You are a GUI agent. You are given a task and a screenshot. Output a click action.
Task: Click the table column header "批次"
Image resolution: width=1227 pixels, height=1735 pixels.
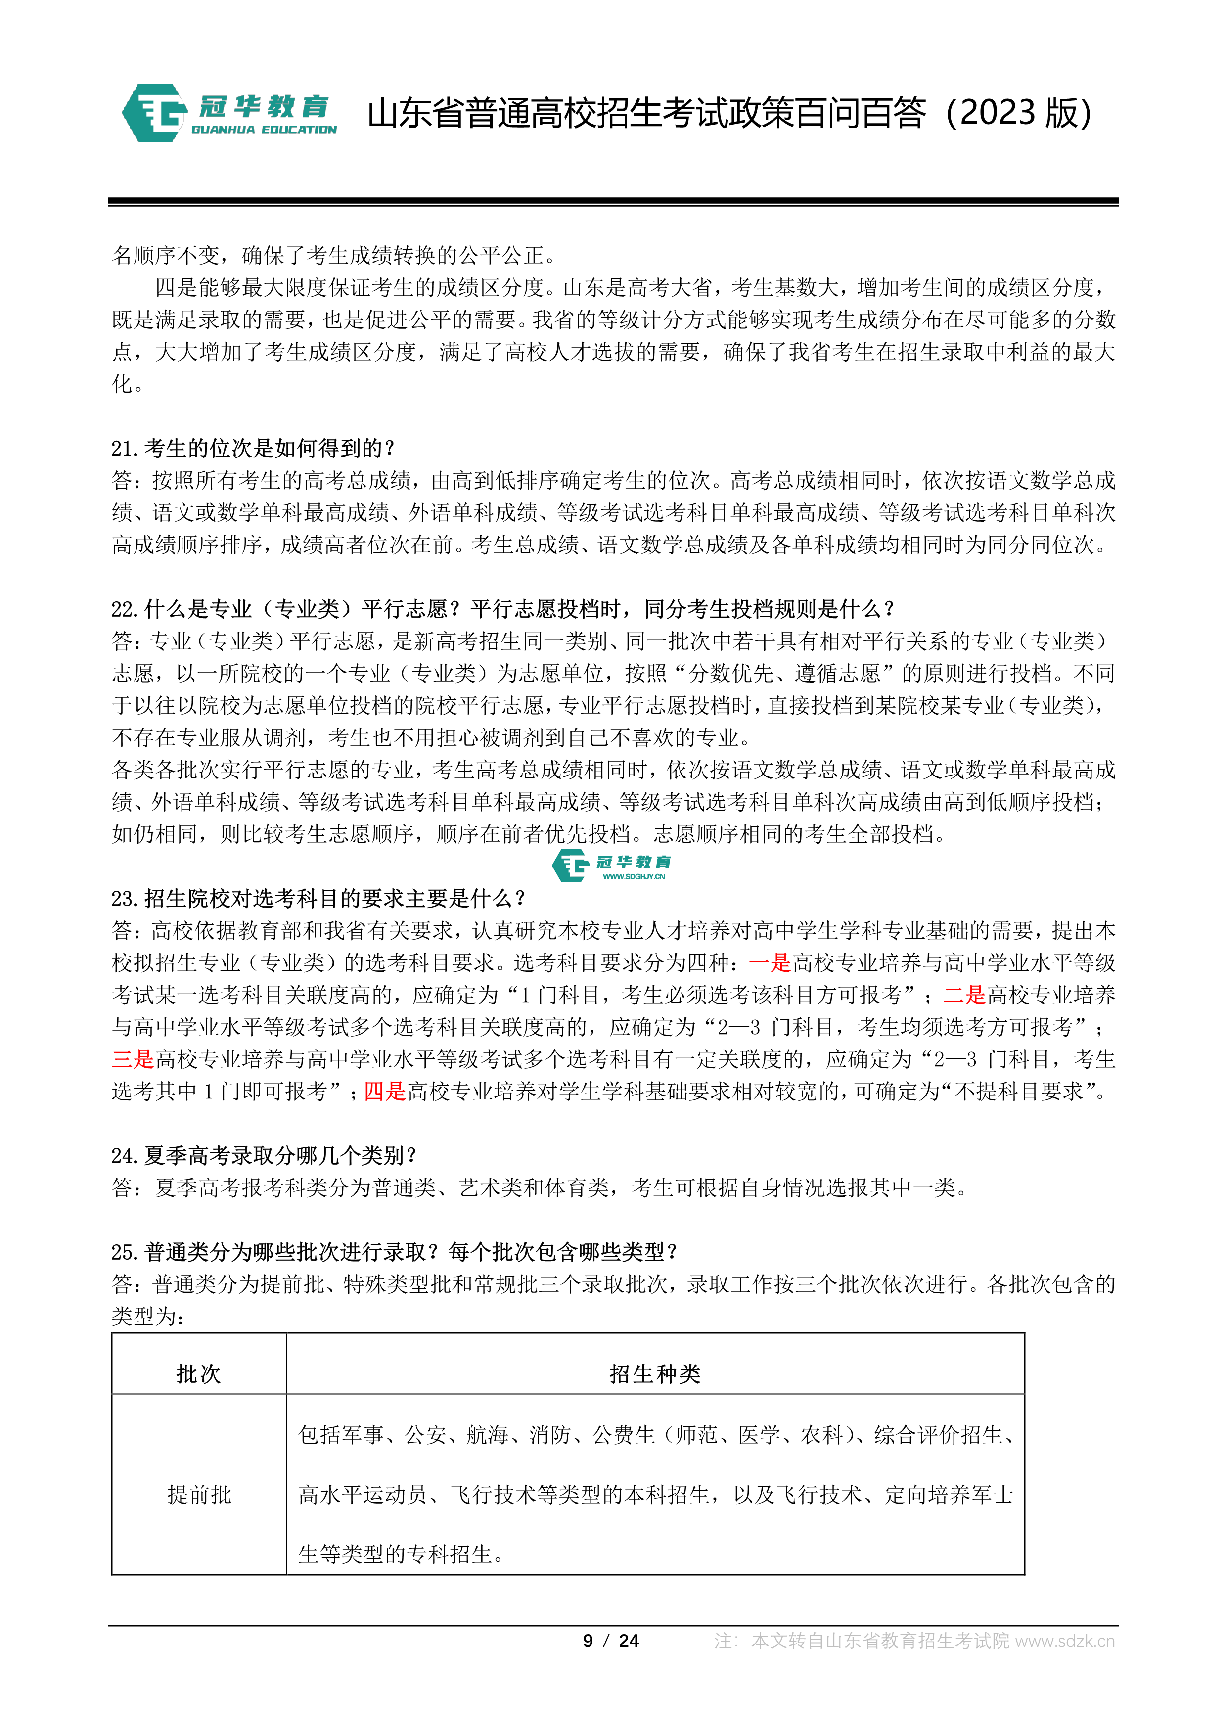(199, 1374)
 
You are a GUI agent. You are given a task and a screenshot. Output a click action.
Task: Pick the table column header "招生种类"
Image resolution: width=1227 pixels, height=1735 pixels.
(655, 1374)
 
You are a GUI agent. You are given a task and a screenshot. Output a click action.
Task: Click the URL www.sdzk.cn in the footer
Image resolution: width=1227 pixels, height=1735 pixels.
(1065, 1642)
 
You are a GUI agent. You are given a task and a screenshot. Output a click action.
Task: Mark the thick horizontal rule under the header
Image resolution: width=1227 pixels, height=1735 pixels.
(613, 202)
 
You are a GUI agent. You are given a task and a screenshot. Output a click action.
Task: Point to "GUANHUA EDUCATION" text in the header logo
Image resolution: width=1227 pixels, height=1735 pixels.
(264, 130)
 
